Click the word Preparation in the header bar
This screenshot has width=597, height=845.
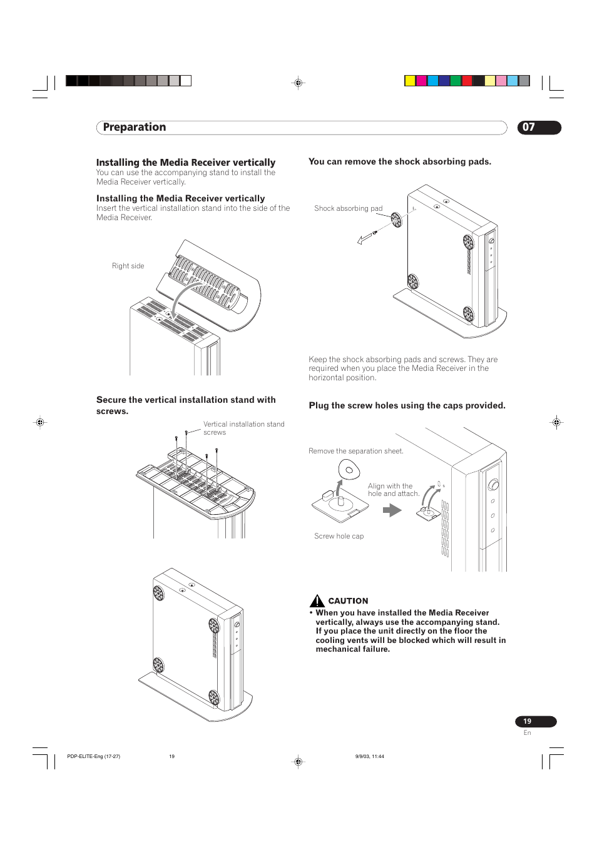tap(135, 127)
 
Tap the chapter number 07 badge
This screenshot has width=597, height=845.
tap(529, 127)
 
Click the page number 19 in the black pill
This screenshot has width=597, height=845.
tap(528, 721)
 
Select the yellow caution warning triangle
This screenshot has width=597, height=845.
tap(317, 601)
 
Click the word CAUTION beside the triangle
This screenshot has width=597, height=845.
tap(348, 601)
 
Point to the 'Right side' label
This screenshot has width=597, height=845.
tap(128, 266)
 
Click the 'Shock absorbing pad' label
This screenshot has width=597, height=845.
tap(348, 208)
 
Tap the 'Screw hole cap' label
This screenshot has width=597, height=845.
tap(339, 536)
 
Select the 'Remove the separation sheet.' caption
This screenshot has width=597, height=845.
tap(355, 451)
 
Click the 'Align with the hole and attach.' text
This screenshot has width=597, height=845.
tap(393, 490)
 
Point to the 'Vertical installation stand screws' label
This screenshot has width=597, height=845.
tap(243, 428)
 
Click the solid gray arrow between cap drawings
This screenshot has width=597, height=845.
tap(392, 510)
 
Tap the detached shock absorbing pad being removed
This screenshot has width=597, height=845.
tap(396, 219)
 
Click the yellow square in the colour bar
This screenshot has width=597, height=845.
tap(410, 81)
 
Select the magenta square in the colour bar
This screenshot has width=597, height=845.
tap(421, 81)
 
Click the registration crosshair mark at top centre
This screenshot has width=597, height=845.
tap(298, 83)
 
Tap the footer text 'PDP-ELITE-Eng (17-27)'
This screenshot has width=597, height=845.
tap(93, 756)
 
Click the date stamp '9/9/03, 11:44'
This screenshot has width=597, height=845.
tap(369, 756)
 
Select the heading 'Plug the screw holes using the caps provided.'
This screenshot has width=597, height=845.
tap(407, 405)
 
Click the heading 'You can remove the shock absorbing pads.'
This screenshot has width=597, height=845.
tap(400, 161)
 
